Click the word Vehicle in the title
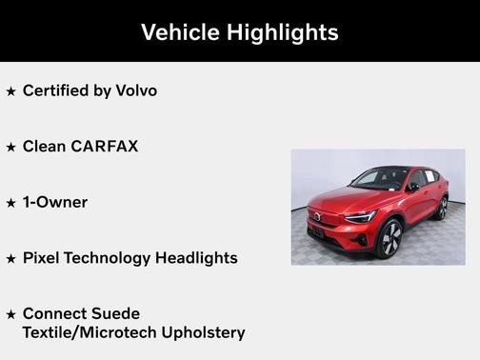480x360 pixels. point(180,32)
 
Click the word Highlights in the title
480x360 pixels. point(282,32)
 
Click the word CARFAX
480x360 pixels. point(105,147)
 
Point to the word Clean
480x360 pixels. point(44,147)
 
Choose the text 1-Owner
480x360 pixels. point(54,202)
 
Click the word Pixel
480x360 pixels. point(41,257)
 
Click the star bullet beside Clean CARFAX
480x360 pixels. point(10,148)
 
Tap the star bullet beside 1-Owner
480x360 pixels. point(10,203)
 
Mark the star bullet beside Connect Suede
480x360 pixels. point(10,314)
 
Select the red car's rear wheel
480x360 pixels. point(442,209)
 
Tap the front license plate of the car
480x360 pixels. point(315,229)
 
